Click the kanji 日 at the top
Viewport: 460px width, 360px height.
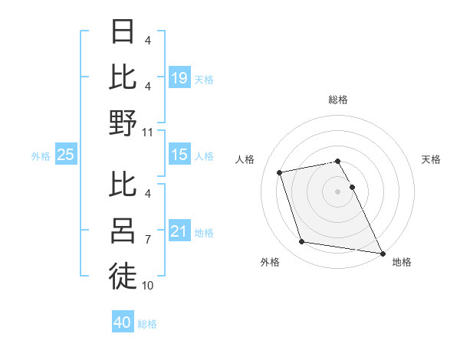coord(123,33)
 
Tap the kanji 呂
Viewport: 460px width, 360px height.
coord(123,230)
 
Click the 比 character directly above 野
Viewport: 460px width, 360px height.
coord(123,77)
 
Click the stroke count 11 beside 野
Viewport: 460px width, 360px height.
coord(148,132)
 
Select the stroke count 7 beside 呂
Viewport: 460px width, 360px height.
coord(148,240)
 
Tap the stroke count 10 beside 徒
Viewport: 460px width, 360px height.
coord(148,286)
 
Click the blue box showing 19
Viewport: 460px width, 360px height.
coord(179,78)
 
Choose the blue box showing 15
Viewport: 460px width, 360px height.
coord(179,155)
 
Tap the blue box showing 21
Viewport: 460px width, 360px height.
coord(179,232)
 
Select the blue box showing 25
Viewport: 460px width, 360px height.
coord(66,155)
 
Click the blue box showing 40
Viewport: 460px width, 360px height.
coord(123,322)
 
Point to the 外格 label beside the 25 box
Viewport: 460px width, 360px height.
coord(41,156)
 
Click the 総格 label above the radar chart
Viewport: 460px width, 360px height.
coord(337,100)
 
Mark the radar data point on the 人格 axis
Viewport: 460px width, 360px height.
coord(280,172)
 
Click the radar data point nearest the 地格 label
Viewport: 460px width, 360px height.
coord(382,252)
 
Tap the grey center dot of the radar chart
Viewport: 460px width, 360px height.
coord(337,191)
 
